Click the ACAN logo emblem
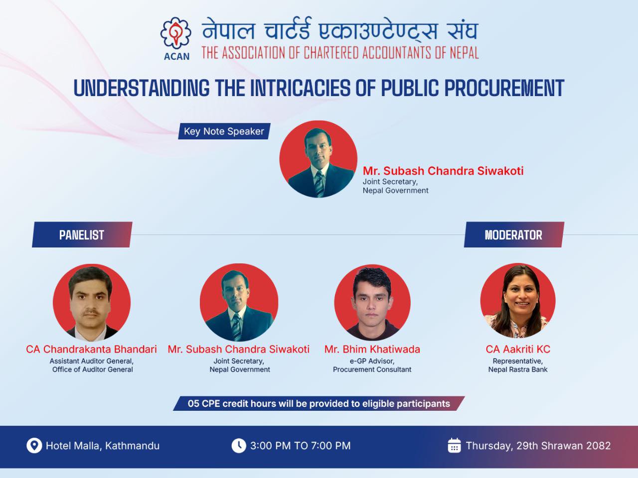[176, 33]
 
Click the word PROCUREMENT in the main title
[504, 88]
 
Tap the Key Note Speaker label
[224, 131]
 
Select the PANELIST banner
[82, 235]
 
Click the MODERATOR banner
[514, 235]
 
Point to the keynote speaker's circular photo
[319, 159]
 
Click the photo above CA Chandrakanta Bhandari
[92, 302]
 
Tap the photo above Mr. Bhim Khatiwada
[372, 302]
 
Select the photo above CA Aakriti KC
[518, 301]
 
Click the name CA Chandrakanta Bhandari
[91, 349]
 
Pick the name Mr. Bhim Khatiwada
[372, 349]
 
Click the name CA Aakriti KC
[518, 349]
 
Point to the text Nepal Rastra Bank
[518, 369]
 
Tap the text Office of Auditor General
[92, 369]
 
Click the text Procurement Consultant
[372, 369]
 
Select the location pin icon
[34, 446]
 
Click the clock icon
[239, 446]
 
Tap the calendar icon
[454, 445]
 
